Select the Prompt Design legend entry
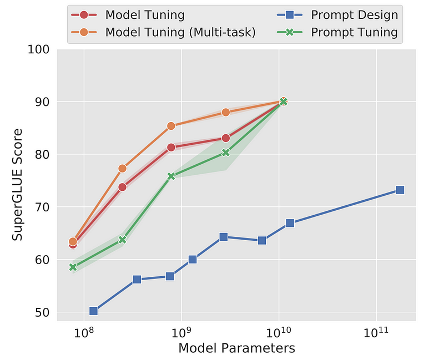coord(355,14)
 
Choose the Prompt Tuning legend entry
coord(355,33)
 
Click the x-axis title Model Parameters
coord(236,348)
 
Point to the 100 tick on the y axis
coord(39,49)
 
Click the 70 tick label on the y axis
coord(42,207)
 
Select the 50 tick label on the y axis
coord(42,312)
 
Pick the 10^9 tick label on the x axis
coord(181,333)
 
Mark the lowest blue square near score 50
coord(93,311)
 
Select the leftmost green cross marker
coord(73,267)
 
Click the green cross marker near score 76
coord(171,176)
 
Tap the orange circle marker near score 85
coord(171,126)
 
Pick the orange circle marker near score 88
coord(226,112)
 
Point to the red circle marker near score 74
coord(122,187)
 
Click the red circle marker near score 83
coord(226,138)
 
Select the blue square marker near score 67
coord(290,223)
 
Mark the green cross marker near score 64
coord(122,240)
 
